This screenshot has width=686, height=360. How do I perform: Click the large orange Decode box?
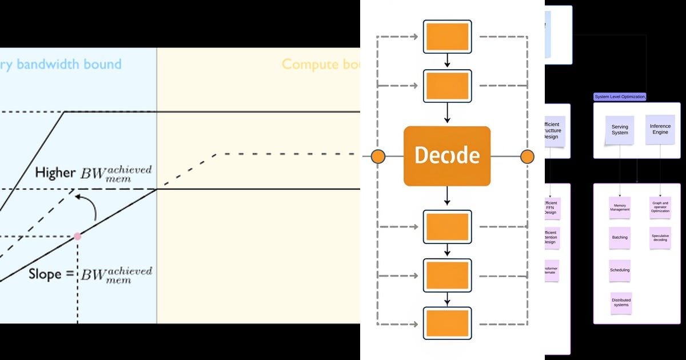coord(447,156)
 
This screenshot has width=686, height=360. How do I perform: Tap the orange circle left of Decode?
coord(378,157)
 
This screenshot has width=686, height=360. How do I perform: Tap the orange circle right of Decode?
coord(527,157)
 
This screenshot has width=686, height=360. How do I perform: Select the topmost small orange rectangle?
coord(447,37)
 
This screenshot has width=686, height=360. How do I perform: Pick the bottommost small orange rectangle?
coord(447,323)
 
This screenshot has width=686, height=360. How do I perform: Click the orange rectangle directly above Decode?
coord(447,86)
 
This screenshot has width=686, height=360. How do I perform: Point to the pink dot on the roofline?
coord(77,236)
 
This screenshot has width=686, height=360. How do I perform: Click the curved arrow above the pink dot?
coord(89,206)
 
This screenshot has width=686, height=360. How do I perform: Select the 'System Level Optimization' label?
coord(620,97)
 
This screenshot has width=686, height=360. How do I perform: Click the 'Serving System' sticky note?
coord(620,130)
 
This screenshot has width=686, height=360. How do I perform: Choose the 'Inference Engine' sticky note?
coord(660,129)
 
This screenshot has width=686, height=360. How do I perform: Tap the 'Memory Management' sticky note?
coord(620,207)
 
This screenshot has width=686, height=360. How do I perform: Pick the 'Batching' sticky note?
coord(620,238)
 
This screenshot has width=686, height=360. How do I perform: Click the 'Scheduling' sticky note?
coord(620,270)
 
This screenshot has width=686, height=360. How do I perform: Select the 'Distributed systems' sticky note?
coord(621,302)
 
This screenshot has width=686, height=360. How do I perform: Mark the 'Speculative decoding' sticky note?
coord(660,238)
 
